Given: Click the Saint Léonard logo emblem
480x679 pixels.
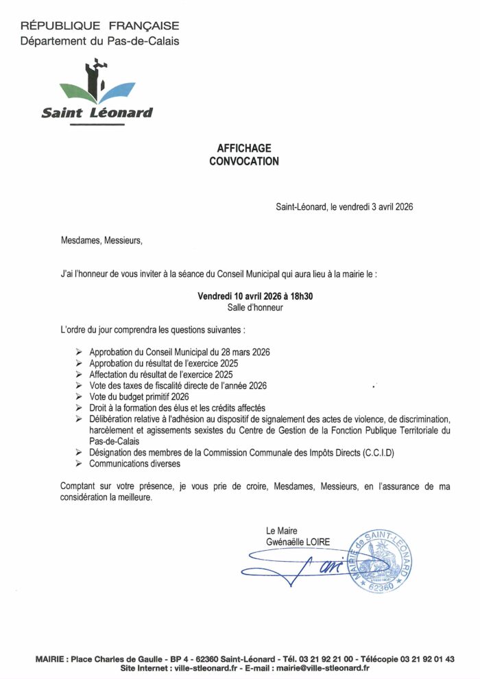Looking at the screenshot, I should pyautogui.click(x=97, y=86).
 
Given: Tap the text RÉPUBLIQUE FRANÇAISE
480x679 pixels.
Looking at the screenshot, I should pyautogui.click(x=100, y=26).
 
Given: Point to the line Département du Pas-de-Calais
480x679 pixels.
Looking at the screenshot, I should pyautogui.click(x=100, y=41).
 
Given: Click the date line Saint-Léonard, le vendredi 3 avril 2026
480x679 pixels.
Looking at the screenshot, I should pyautogui.click(x=344, y=206).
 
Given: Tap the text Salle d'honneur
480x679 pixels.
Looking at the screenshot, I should pyautogui.click(x=255, y=308).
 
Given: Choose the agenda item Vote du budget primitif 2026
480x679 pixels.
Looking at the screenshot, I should pyautogui.click(x=139, y=396).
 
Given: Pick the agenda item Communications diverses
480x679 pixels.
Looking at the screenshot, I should pyautogui.click(x=134, y=464).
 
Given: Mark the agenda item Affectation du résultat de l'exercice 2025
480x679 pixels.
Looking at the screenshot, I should pyautogui.click(x=161, y=374).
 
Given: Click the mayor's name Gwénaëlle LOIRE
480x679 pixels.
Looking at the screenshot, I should pyautogui.click(x=298, y=542).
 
